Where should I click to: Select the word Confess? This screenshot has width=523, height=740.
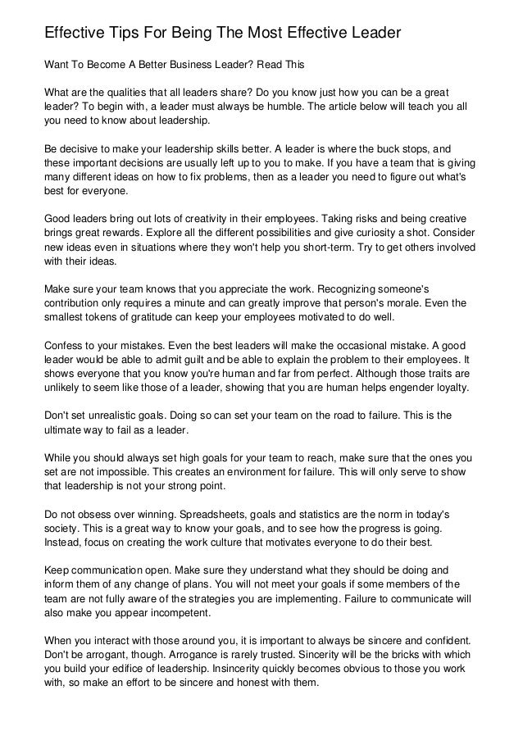66,346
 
